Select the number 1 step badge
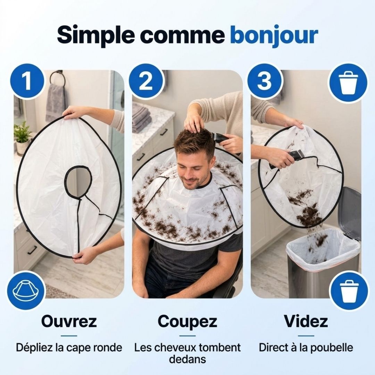coord(27,81)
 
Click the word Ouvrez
coord(69,321)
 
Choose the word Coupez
coord(187,322)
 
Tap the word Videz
coord(306,321)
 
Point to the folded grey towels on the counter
coord(142,119)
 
